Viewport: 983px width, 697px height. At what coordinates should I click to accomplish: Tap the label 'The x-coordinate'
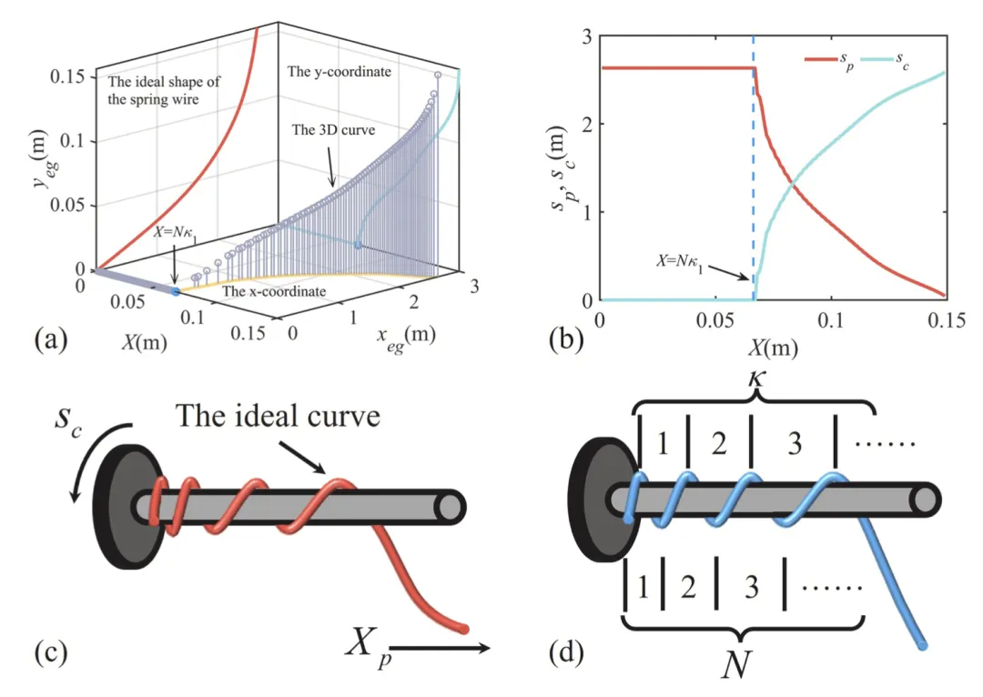click(x=274, y=292)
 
